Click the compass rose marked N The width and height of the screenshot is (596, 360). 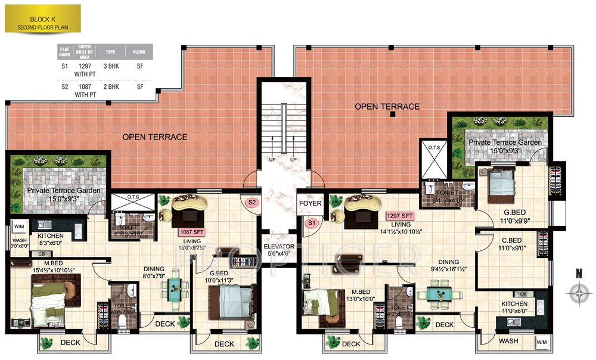click(x=578, y=293)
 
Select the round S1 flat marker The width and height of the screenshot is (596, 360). click(x=310, y=223)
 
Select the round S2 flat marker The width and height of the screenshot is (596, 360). click(x=252, y=203)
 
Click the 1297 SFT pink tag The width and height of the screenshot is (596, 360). click(x=400, y=216)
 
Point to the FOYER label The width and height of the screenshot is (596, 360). click(x=310, y=203)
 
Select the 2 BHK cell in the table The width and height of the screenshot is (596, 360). click(x=110, y=87)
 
